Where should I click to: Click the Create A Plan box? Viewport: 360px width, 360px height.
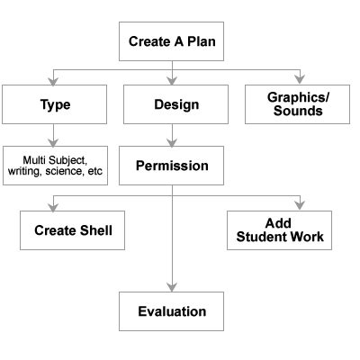(x=172, y=41)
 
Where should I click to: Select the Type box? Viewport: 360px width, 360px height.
(x=55, y=104)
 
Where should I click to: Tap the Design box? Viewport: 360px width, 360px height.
(x=172, y=104)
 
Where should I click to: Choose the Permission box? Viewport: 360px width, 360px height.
(x=172, y=166)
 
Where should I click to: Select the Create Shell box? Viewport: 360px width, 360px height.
(x=72, y=230)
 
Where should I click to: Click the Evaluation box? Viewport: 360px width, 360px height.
(x=172, y=312)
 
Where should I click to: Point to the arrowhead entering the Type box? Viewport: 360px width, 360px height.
(x=55, y=80)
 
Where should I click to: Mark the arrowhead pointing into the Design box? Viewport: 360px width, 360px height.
(x=172, y=80)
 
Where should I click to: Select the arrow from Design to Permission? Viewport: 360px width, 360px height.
(x=172, y=135)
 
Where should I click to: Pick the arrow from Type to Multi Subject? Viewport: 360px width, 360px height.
(x=55, y=135)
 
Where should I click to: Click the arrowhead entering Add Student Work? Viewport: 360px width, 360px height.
(x=300, y=207)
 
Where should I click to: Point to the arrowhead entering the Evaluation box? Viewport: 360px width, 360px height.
(x=172, y=288)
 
